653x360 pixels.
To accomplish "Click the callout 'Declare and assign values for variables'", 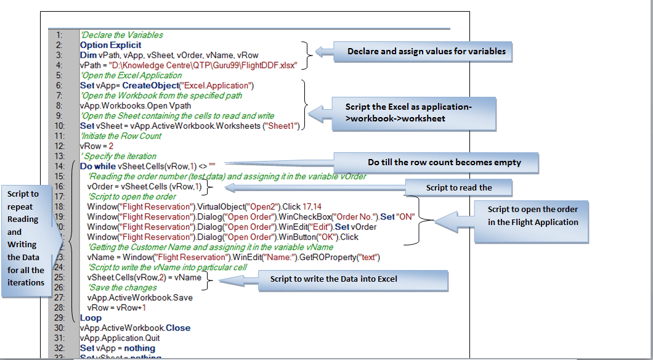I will pyautogui.click(x=426, y=51).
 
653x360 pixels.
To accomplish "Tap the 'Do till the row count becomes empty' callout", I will pyautogui.click(x=444, y=163).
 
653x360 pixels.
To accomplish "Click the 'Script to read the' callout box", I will pyautogui.click(x=459, y=187).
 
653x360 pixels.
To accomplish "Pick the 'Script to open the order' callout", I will pyautogui.click(x=532, y=216).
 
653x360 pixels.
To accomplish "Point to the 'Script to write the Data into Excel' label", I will pyautogui.click(x=333, y=279).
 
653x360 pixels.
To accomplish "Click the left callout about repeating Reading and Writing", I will pyautogui.click(x=26, y=238).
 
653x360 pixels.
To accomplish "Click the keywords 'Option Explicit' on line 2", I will pyautogui.click(x=110, y=45).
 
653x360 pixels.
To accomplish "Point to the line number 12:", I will pyautogui.click(x=59, y=146).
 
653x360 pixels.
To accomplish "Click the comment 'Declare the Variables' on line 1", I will pyautogui.click(x=121, y=35).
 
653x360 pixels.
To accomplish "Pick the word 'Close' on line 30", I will pyautogui.click(x=177, y=328).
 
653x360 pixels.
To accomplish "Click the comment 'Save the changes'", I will pyautogui.click(x=122, y=287).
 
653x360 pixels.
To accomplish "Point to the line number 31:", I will pyautogui.click(x=59, y=338).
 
